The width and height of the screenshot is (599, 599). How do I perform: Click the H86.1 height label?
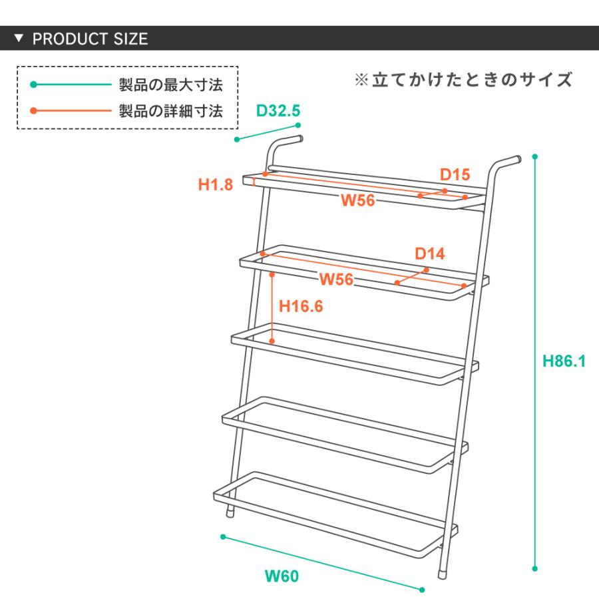click(x=564, y=361)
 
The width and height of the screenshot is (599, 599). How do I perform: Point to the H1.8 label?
click(x=215, y=185)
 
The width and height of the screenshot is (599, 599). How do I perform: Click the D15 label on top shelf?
click(x=455, y=175)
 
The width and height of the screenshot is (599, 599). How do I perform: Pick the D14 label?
click(x=430, y=254)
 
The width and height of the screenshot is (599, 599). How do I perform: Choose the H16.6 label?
click(x=301, y=306)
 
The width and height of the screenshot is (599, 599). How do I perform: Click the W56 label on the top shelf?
click(x=358, y=200)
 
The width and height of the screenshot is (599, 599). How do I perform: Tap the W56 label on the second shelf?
click(x=335, y=280)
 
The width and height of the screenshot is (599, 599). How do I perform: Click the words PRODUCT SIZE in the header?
click(x=90, y=39)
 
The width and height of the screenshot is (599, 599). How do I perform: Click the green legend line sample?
click(x=70, y=85)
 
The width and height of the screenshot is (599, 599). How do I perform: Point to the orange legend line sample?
click(x=70, y=110)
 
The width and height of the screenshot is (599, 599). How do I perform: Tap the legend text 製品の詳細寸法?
click(x=170, y=110)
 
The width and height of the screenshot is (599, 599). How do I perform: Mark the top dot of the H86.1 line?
click(x=535, y=157)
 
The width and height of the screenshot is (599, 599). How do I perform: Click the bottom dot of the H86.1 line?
click(x=535, y=569)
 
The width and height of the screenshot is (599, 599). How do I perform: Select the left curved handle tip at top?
click(x=300, y=139)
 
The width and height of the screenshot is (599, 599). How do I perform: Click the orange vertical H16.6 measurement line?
click(x=273, y=307)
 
